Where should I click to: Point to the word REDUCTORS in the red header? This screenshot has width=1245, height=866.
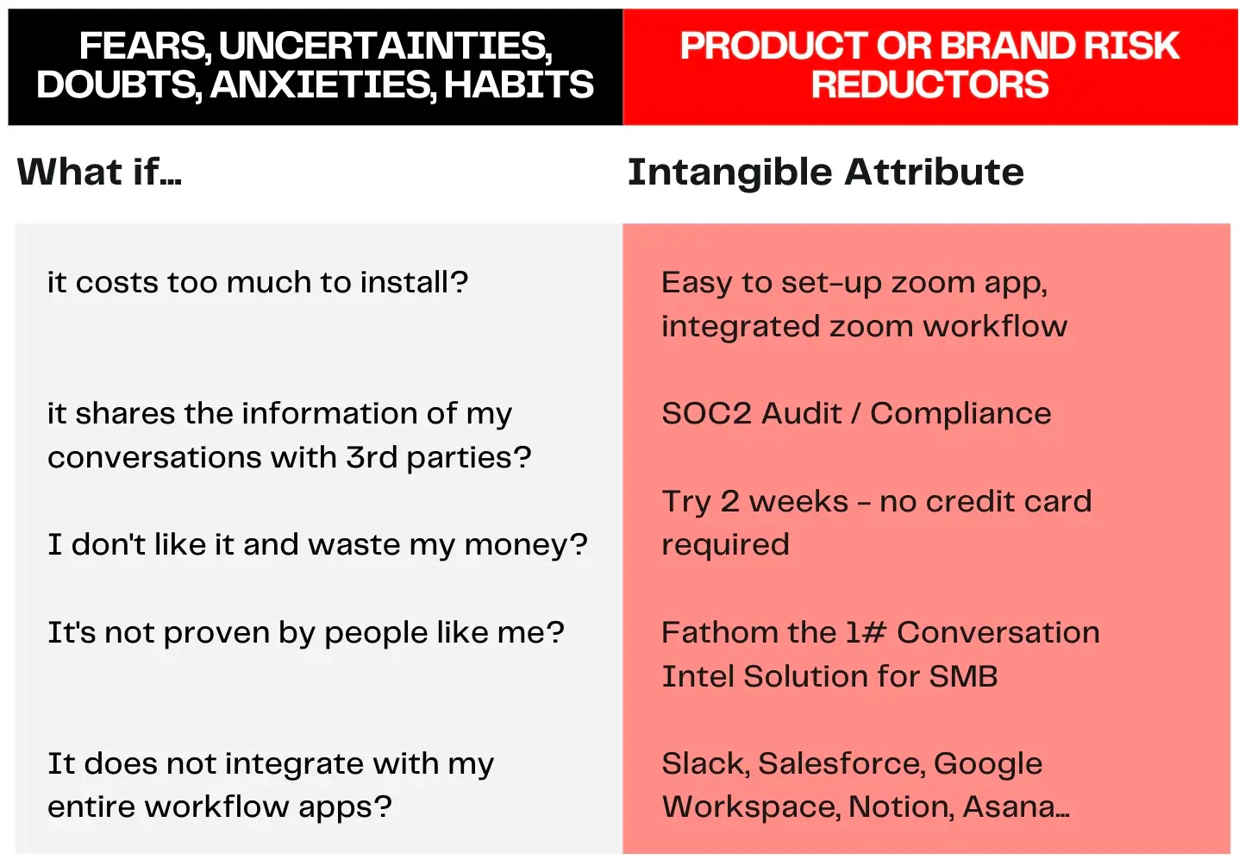(x=929, y=85)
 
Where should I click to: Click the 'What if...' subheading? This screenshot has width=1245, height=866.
(x=99, y=172)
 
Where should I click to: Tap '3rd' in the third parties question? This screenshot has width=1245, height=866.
(x=372, y=457)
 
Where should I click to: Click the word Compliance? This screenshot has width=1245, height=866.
(x=960, y=413)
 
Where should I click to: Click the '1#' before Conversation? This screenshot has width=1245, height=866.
(x=866, y=632)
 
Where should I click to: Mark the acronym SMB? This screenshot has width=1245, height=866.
(x=963, y=676)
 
